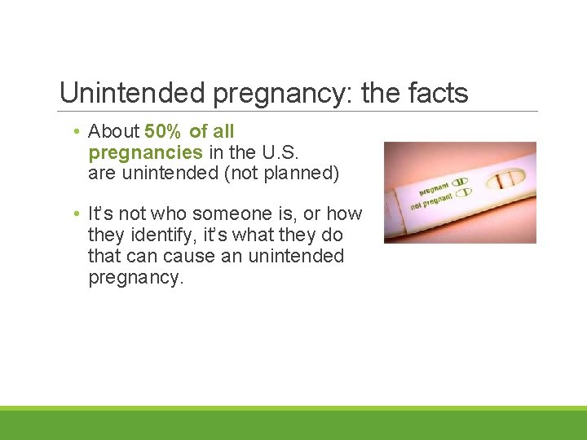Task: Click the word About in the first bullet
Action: pos(113,131)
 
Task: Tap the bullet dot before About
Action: pos(75,132)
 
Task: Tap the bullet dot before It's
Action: pos(75,214)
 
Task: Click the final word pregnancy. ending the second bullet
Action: pos(136,278)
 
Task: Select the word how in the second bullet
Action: pos(344,214)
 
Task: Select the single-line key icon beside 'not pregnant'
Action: pos(464,193)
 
